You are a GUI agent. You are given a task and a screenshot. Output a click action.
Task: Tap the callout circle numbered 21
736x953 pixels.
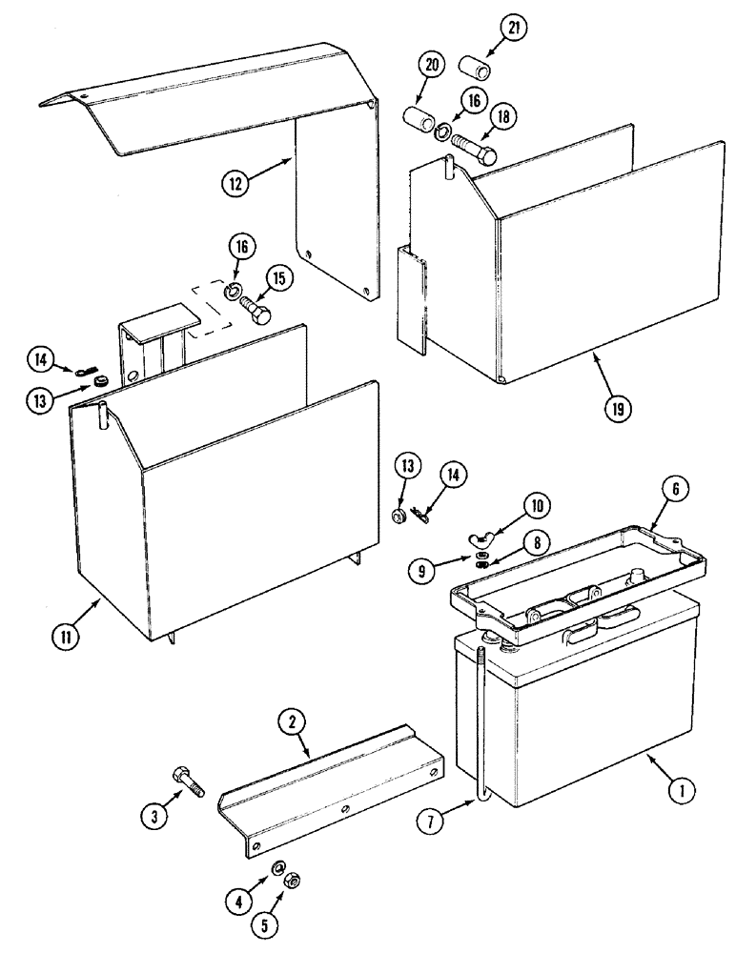514,30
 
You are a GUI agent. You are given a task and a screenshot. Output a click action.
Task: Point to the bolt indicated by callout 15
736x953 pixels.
255,310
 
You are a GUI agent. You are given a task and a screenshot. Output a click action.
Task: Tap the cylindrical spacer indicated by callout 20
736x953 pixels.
419,125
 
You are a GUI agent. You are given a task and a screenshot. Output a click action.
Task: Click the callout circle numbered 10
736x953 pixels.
535,504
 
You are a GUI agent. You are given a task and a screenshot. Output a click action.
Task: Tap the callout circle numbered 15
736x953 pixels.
277,279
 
